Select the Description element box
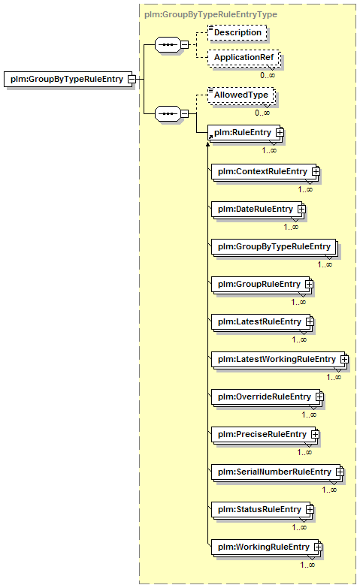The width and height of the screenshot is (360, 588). [x=237, y=32]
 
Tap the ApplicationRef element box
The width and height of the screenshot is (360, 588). [x=244, y=57]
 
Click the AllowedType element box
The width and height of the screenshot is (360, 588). [x=241, y=95]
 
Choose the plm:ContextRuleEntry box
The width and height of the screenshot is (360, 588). [x=264, y=171]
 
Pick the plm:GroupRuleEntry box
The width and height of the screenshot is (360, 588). [x=261, y=284]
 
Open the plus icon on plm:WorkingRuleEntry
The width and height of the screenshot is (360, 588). [x=318, y=547]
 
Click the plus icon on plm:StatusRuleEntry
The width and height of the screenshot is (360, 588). [x=310, y=510]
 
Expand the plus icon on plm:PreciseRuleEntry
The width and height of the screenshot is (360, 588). [x=316, y=435]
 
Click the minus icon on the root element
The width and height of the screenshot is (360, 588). [x=132, y=79]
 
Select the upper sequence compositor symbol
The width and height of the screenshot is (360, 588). [x=168, y=44]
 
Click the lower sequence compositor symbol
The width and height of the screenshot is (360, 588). [x=168, y=113]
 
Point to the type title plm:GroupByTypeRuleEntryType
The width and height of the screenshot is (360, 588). [x=210, y=14]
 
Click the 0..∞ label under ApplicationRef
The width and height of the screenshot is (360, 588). [x=268, y=75]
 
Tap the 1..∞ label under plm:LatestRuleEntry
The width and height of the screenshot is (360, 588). [x=299, y=339]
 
